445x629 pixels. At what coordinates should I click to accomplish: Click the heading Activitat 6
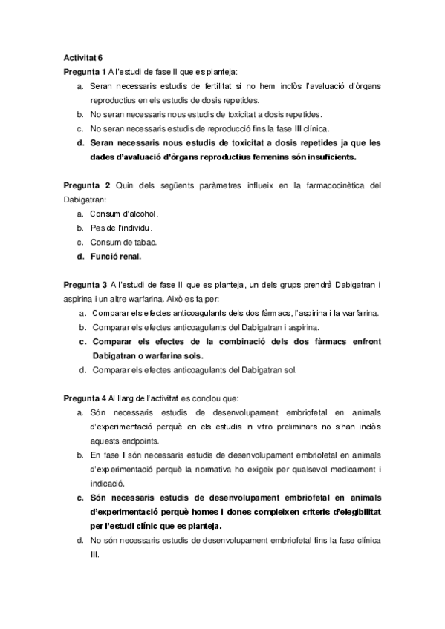click(x=83, y=58)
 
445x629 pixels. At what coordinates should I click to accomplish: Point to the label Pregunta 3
click(x=85, y=284)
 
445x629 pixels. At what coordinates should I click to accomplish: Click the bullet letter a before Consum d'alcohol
click(x=79, y=214)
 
